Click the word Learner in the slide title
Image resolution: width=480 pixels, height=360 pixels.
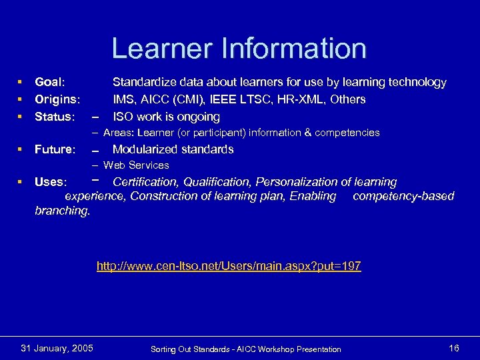163,49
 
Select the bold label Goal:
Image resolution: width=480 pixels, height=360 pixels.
50,82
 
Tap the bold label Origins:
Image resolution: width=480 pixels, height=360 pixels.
57,99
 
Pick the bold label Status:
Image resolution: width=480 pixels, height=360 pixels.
54,117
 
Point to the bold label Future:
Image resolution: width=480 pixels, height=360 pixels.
55,149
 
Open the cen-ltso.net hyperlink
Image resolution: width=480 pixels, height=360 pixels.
229,266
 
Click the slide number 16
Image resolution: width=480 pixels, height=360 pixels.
454,348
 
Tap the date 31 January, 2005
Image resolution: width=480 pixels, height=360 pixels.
57,348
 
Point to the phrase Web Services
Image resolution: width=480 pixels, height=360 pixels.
136,165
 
